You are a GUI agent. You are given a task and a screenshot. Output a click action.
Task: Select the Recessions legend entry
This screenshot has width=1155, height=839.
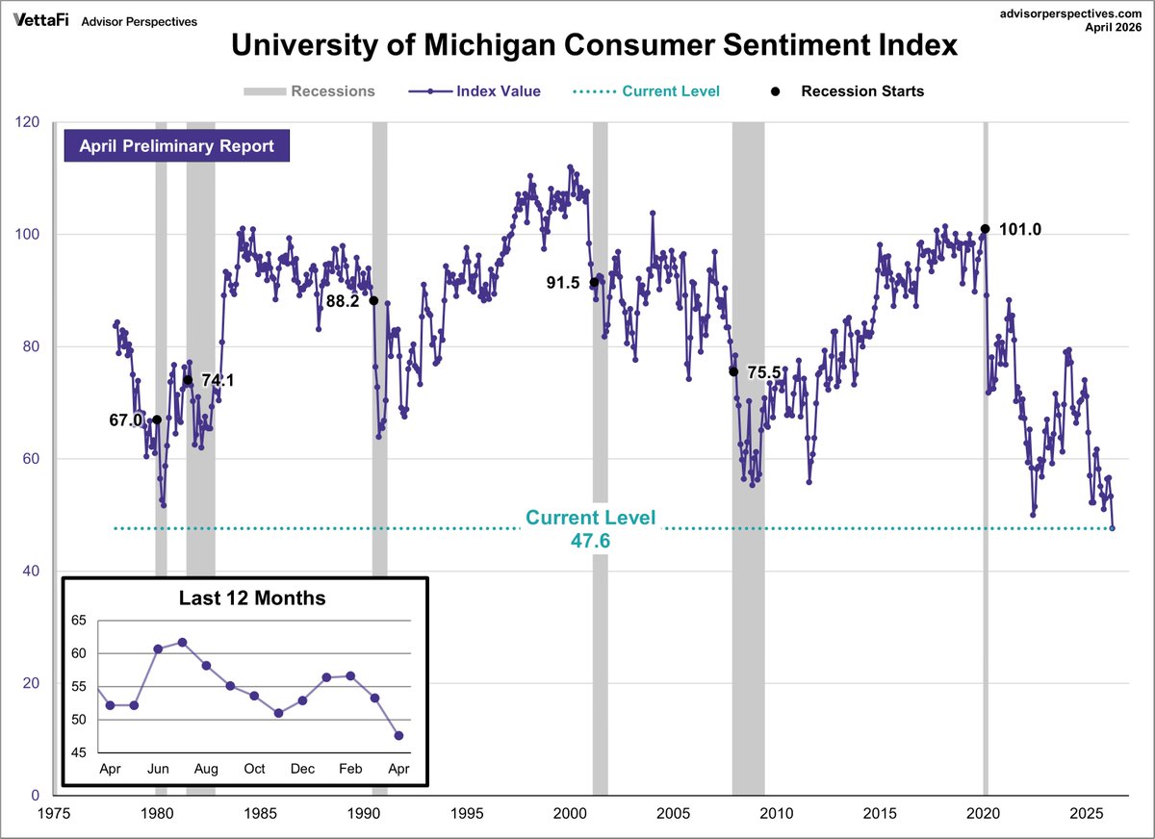(309, 91)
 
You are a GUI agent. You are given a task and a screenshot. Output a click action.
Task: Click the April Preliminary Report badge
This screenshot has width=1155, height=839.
(176, 146)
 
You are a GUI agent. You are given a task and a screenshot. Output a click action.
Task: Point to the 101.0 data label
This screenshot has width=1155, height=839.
(1020, 229)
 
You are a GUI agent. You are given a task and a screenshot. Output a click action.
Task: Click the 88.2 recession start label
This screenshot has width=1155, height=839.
(343, 300)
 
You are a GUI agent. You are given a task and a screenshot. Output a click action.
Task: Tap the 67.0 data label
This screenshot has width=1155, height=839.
(126, 420)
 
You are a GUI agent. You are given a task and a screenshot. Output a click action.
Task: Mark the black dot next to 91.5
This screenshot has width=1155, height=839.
(594, 282)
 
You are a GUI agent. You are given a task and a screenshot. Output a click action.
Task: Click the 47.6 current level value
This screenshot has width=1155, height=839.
(590, 541)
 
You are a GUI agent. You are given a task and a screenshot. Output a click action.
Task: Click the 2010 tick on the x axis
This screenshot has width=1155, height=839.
(778, 812)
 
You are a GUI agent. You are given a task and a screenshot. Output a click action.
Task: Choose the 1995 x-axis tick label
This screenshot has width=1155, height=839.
(467, 812)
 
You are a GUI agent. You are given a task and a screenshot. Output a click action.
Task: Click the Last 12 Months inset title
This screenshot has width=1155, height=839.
(252, 597)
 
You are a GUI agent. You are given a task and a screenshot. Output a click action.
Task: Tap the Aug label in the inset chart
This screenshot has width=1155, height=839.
(206, 769)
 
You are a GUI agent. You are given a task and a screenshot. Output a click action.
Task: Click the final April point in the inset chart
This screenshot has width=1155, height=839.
(398, 735)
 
